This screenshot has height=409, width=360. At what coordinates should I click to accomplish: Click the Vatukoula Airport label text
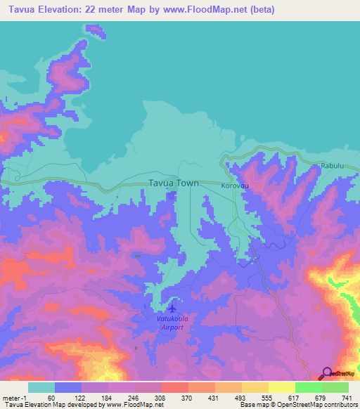point(169,323)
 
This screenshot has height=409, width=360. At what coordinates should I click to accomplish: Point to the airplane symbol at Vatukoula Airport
point(172,309)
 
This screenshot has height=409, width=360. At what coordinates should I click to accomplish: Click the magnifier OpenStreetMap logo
point(327,374)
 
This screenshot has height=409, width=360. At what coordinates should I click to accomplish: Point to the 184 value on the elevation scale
point(108,398)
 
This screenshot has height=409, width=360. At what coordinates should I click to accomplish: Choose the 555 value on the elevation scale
point(256,398)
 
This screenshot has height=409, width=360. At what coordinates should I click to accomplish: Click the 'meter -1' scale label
point(15,398)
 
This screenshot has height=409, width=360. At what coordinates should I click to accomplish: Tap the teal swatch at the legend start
point(41,387)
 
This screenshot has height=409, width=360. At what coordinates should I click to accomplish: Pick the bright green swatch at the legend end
point(335,387)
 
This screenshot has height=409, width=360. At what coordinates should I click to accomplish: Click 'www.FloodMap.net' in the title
point(207,10)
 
